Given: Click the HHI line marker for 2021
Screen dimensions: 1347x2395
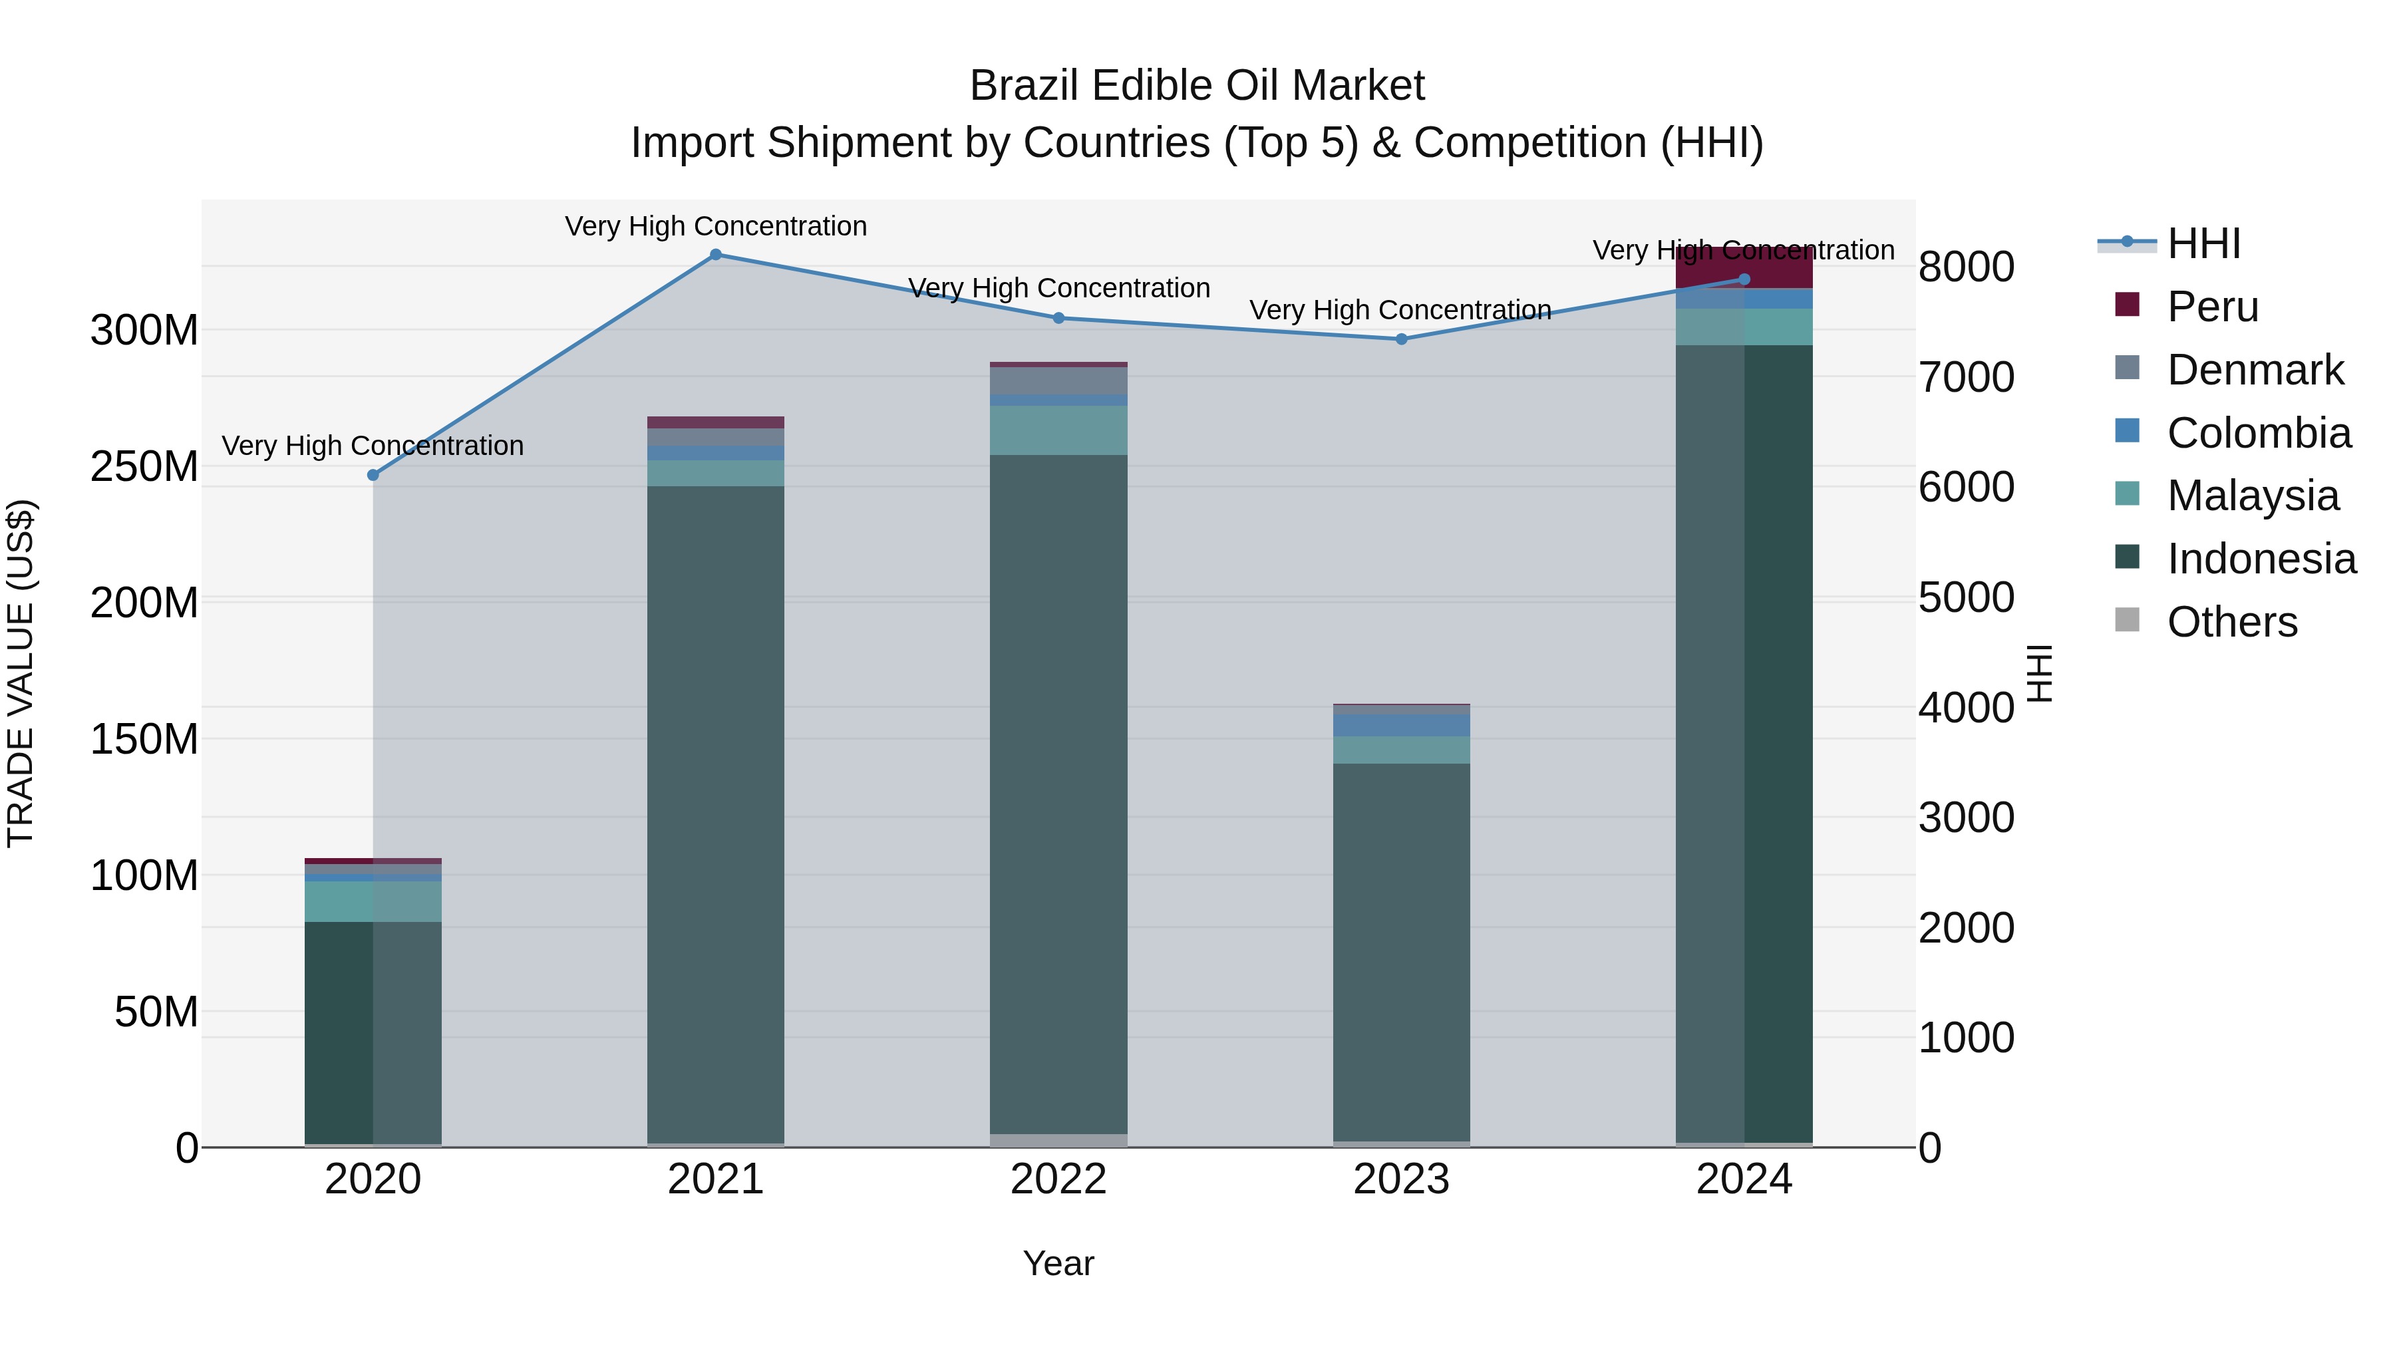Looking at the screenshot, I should tap(715, 255).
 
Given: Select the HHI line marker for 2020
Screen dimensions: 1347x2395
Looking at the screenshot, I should tap(373, 475).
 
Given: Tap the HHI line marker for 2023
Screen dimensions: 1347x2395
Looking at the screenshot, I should tap(1401, 339).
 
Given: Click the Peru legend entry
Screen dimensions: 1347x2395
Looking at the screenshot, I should tap(2212, 307).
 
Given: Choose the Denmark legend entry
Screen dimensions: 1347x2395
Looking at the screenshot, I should tap(2255, 370).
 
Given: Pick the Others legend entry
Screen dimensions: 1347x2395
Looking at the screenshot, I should tap(2231, 622).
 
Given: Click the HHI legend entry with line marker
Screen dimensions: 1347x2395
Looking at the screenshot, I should tap(2203, 243).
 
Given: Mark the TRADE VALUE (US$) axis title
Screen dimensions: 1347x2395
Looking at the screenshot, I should tap(21, 673).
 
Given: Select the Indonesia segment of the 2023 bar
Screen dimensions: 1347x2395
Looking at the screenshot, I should tap(1401, 948).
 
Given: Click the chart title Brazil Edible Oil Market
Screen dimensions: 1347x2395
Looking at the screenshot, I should tap(1197, 86).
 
